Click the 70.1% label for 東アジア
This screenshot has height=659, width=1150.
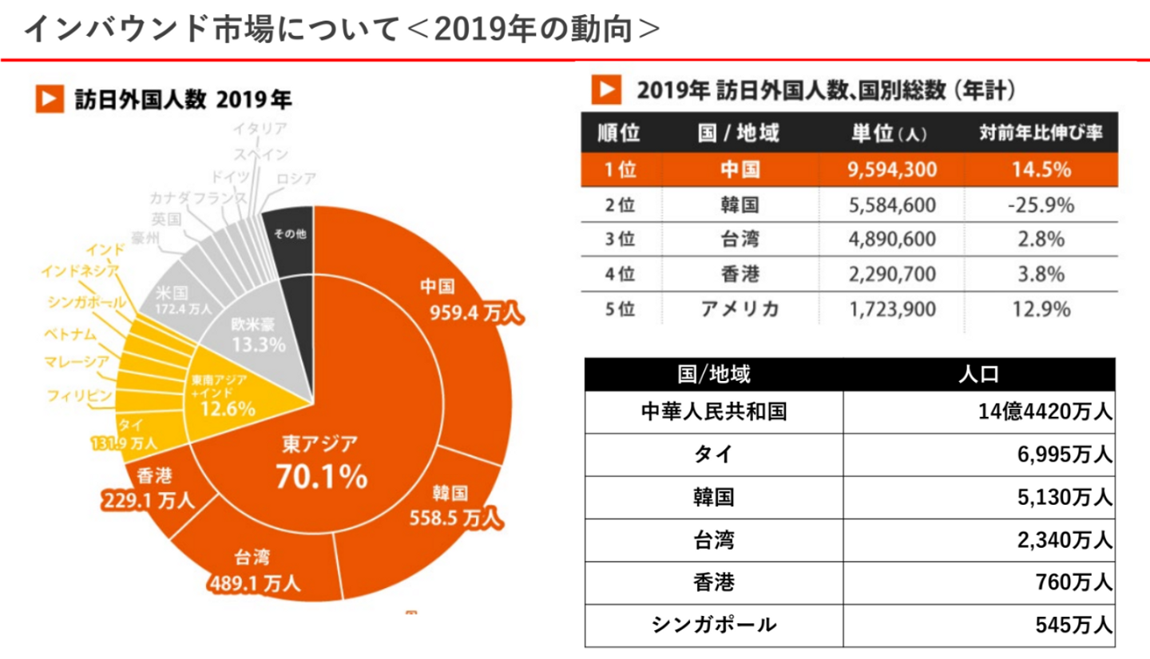pyautogui.click(x=321, y=477)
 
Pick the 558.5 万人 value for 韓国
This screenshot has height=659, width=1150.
pyautogui.click(x=455, y=518)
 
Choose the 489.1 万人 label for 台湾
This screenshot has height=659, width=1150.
pyautogui.click(x=255, y=583)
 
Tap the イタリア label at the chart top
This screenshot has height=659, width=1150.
pyautogui.click(x=260, y=128)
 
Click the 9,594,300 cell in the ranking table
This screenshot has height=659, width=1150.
pyautogui.click(x=889, y=171)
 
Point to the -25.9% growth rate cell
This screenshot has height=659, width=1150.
pyautogui.click(x=1041, y=205)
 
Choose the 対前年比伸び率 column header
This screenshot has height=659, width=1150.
pyautogui.click(x=1041, y=133)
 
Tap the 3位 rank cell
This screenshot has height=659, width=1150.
pyautogui.click(x=620, y=240)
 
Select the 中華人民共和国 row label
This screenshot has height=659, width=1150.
pyautogui.click(x=714, y=411)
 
